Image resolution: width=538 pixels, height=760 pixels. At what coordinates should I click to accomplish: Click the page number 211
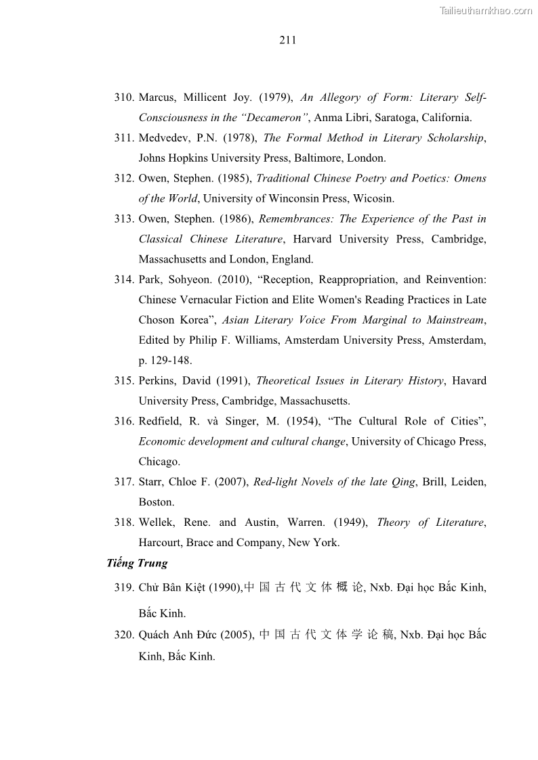point(287,40)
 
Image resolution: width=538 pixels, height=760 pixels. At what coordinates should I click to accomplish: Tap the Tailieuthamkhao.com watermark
point(486,10)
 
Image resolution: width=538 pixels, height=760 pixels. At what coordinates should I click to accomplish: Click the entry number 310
point(124,97)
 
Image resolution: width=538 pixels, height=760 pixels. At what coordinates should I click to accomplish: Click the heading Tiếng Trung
point(137,564)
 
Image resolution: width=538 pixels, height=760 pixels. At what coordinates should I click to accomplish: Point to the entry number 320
point(124,635)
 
